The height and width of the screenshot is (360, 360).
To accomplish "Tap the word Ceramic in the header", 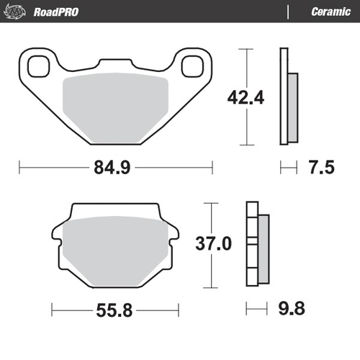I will (x=330, y=12).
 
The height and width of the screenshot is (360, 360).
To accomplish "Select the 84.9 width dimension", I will (x=115, y=168).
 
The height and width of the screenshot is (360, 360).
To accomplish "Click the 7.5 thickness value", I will (x=320, y=168).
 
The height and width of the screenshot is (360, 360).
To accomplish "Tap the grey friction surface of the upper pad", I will (x=115, y=108).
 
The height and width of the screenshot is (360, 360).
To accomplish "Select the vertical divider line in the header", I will (x=289, y=12).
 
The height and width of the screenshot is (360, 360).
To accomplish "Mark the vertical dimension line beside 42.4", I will (x=248, y=72).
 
